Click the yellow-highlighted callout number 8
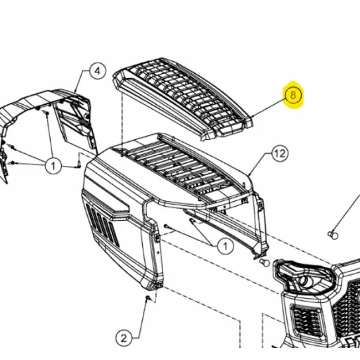(293, 96)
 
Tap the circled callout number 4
(98, 71)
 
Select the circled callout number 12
(280, 153)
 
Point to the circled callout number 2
(124, 338)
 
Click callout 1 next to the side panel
(53, 166)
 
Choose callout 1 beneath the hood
(225, 246)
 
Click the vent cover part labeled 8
(183, 98)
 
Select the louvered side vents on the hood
(103, 223)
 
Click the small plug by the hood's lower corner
(265, 262)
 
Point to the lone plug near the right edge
(333, 235)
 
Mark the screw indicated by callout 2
(148, 298)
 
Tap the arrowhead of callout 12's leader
(250, 174)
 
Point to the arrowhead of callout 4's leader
(75, 91)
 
